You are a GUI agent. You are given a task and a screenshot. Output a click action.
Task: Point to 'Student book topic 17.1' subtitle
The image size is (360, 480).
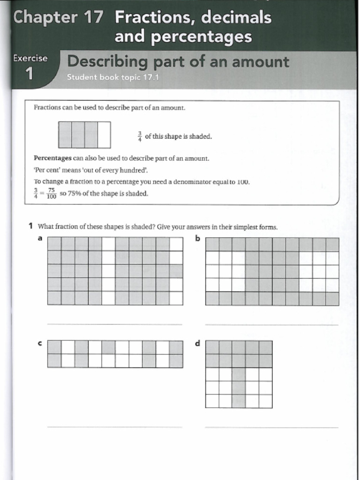pos(113,77)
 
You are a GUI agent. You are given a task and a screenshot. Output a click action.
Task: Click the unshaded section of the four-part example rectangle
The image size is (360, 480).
pos(104,135)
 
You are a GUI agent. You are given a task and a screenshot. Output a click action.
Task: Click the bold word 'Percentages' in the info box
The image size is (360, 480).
pos(52,158)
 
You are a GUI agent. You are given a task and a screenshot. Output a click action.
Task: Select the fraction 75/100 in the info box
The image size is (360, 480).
pos(51,194)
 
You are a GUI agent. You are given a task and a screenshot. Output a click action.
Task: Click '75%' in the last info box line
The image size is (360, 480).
pos(75,194)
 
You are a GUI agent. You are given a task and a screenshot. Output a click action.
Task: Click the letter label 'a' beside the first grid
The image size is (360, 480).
pos(40,238)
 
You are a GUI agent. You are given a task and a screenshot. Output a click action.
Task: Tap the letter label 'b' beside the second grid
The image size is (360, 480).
pos(197,238)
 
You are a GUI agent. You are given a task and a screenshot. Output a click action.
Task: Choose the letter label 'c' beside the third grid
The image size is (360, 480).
pos(40,343)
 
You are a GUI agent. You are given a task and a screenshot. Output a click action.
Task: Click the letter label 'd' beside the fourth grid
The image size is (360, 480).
pos(197,343)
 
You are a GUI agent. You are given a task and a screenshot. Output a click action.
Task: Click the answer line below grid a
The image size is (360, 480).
pos(114,324)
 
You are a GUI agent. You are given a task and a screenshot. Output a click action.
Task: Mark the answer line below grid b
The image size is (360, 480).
pos(271,324)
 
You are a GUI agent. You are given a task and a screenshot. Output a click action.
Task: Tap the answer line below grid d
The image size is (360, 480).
pos(271,427)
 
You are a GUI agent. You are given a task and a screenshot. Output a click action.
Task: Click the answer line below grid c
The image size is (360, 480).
pos(114,427)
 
